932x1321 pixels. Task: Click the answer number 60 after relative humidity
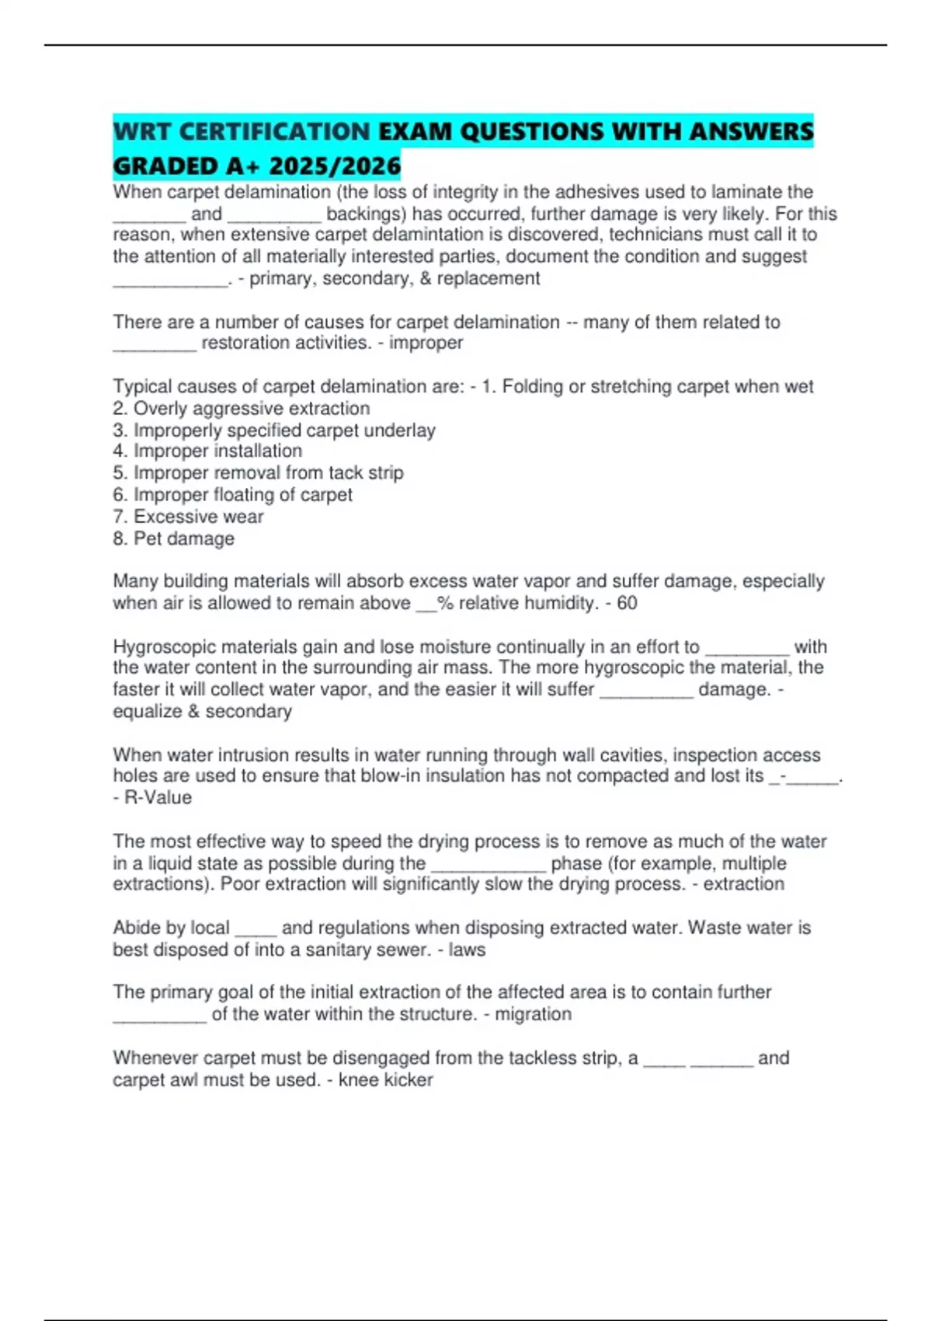(627, 603)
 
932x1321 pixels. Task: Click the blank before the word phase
(489, 865)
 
